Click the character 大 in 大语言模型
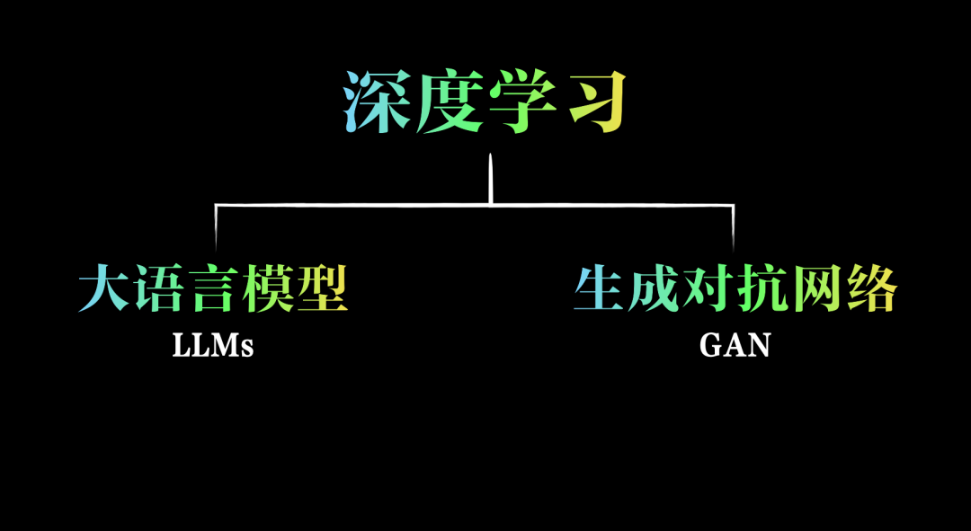[x=104, y=288]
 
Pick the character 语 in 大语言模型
[x=158, y=288]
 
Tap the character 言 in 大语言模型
[x=213, y=288]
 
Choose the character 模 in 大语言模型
[x=267, y=288]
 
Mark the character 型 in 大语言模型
[x=322, y=288]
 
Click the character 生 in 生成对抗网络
[x=600, y=288]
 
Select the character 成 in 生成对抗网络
[x=654, y=288]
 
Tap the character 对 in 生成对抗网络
[x=708, y=288]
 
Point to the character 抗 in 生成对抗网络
[x=762, y=288]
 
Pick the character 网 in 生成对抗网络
[x=817, y=288]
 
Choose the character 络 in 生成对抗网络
[x=871, y=288]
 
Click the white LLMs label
[x=213, y=346]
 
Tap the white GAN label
[x=735, y=346]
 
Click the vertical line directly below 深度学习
[x=491, y=180]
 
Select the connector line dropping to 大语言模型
[x=216, y=226]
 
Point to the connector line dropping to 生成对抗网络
[x=733, y=226]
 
